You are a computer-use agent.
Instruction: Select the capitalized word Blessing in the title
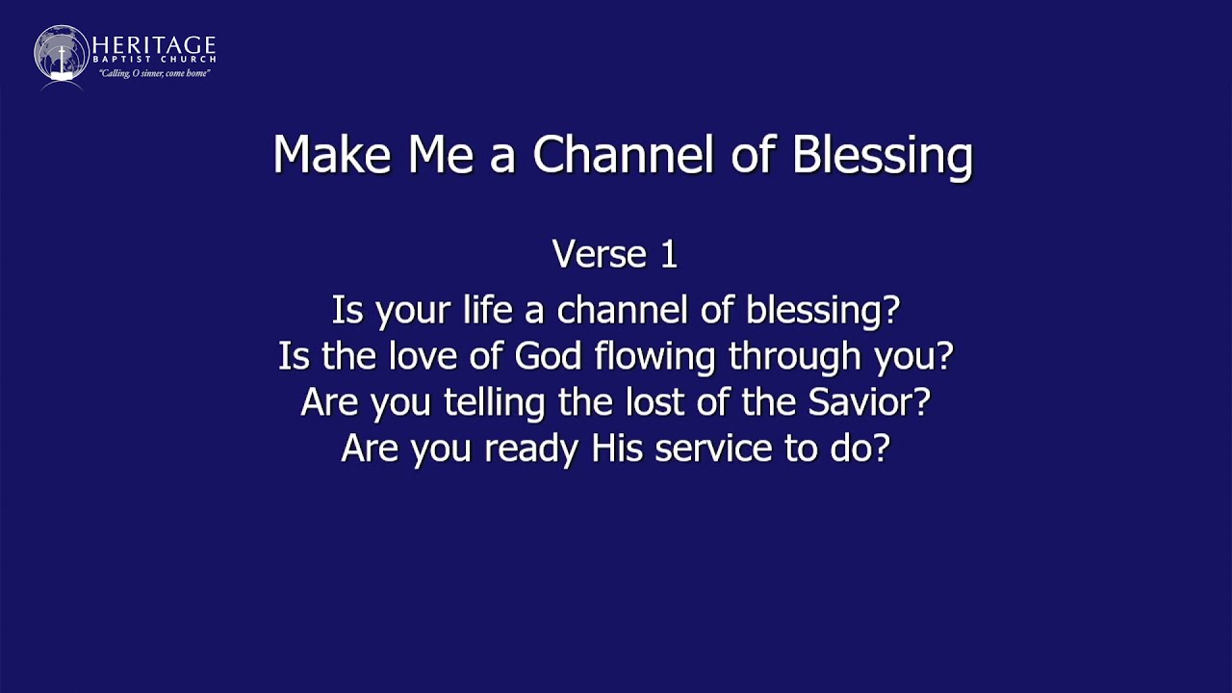point(882,156)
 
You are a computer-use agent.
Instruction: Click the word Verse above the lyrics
point(598,255)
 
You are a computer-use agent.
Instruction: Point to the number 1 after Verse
point(668,255)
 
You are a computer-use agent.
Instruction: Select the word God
point(548,356)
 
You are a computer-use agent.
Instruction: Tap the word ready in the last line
point(531,449)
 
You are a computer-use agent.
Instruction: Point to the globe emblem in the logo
point(62,54)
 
